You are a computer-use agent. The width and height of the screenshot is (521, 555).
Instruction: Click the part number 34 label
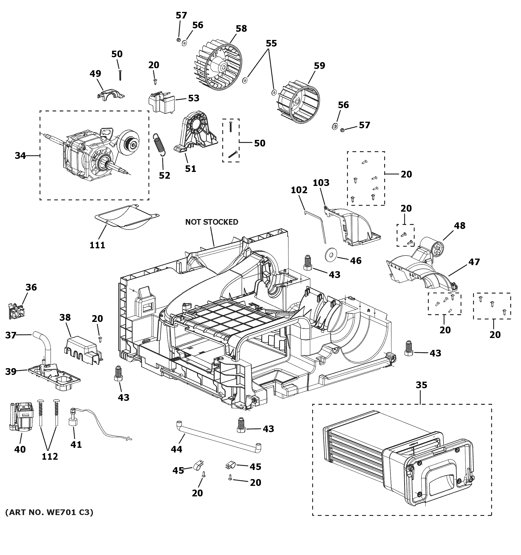click(20, 156)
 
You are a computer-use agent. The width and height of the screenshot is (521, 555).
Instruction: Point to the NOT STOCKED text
click(212, 222)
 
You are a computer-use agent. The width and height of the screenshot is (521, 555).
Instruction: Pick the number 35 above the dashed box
click(421, 385)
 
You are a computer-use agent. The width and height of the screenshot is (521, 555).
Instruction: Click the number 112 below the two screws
click(50, 456)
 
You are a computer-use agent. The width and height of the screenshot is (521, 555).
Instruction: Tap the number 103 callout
click(321, 183)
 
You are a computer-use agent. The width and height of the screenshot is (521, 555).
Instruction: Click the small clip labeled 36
click(16, 310)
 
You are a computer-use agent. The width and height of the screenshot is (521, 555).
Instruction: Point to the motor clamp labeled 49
click(110, 93)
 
